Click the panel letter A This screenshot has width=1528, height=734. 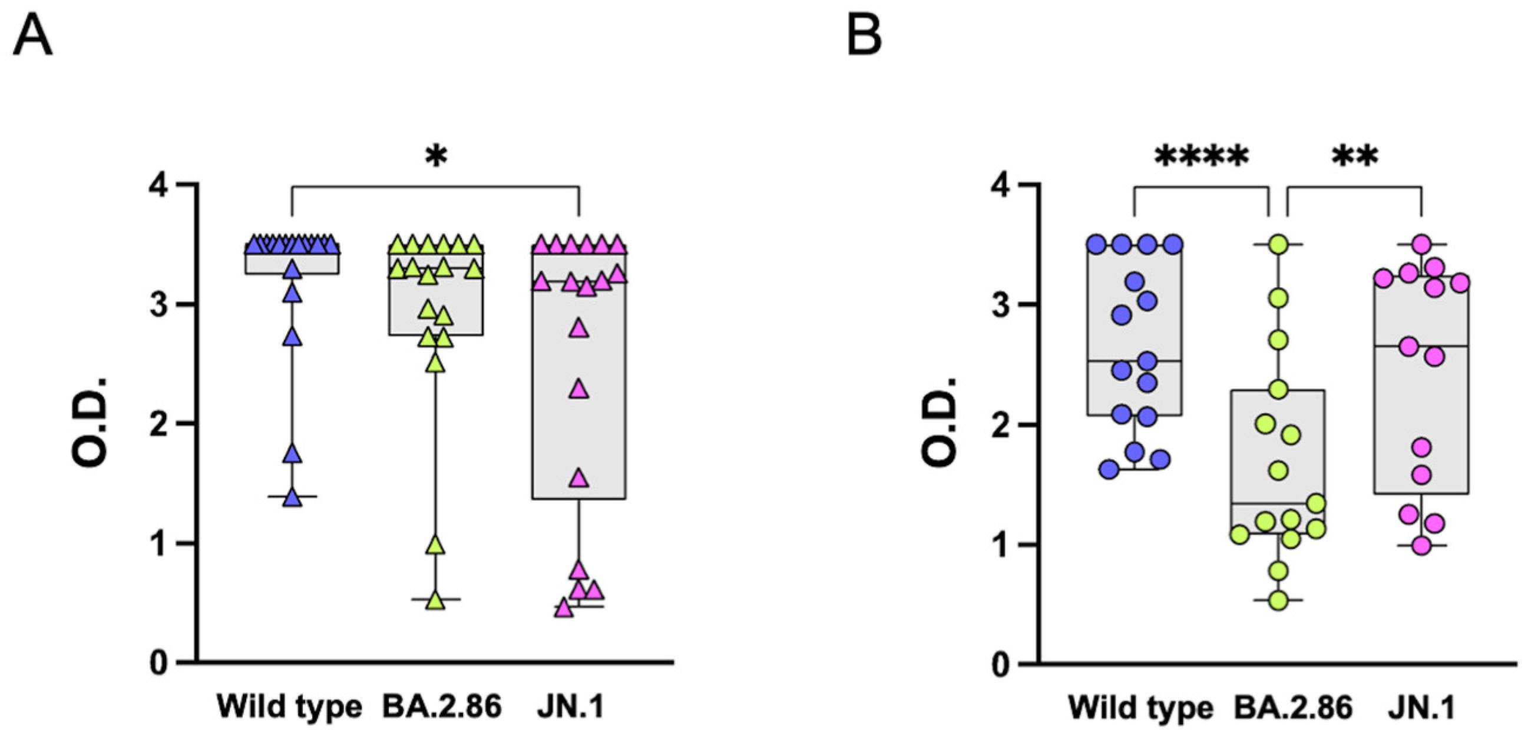32,36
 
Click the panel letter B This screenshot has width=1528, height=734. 864,36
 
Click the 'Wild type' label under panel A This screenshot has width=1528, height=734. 289,706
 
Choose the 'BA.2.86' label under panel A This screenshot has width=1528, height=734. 442,706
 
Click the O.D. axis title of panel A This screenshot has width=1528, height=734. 89,422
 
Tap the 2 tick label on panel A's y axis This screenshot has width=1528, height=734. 158,424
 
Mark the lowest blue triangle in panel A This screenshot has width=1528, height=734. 292,499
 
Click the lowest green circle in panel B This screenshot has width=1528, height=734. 1278,600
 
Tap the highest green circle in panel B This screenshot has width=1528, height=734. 1278,244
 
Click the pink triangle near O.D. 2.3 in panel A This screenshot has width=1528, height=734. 579,390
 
